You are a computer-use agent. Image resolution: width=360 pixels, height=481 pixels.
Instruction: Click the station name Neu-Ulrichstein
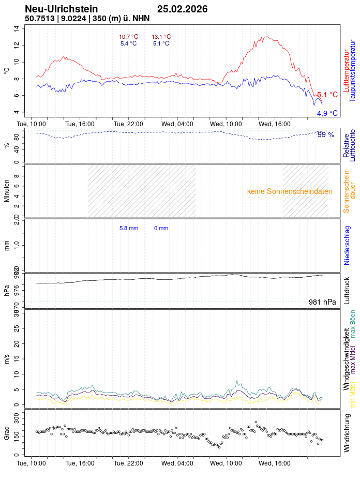point(61,9)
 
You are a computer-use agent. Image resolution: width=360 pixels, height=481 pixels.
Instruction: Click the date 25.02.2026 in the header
point(182,9)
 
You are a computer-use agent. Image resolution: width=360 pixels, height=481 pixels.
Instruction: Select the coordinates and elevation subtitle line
point(87,19)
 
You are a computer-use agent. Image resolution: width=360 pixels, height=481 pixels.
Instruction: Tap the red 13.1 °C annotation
point(161,37)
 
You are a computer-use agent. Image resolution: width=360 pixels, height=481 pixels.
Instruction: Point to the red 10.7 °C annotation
point(128,37)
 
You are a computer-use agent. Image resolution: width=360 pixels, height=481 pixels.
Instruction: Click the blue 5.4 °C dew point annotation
point(128,43)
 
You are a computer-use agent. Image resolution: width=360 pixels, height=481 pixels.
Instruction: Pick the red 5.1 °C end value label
point(327,95)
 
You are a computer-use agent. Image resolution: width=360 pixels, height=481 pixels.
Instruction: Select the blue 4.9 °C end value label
point(327,113)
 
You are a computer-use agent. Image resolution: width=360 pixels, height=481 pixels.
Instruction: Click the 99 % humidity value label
point(326,134)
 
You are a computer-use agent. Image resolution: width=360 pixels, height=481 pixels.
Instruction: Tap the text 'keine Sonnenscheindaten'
point(290,191)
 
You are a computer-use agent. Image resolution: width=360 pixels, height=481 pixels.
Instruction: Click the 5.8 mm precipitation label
point(129,228)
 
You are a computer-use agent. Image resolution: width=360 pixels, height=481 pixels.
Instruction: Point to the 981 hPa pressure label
point(322,302)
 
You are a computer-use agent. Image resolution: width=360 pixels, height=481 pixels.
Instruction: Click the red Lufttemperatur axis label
point(346,73)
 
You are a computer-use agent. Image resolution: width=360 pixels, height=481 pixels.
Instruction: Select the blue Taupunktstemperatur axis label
point(352,73)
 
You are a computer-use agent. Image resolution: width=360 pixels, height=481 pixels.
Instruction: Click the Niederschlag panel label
point(347,245)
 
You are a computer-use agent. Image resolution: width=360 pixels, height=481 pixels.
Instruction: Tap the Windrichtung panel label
point(347,432)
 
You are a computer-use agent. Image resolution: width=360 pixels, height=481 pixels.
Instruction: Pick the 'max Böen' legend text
point(353,324)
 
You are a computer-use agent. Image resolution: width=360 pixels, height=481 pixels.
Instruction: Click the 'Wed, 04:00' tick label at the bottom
point(177,463)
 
